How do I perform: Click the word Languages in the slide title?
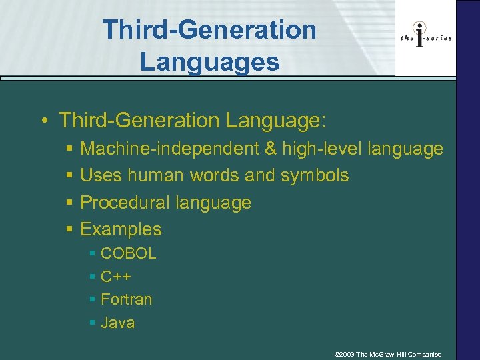(x=209, y=62)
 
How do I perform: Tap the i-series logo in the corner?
(x=426, y=38)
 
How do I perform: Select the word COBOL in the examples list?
(x=128, y=253)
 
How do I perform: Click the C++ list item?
(x=115, y=276)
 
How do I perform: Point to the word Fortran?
(x=126, y=299)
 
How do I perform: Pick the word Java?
(x=117, y=323)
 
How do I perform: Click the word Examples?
(x=121, y=229)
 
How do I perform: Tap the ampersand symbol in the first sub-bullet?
(x=271, y=149)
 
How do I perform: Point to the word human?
(x=156, y=175)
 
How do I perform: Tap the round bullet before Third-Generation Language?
(x=43, y=121)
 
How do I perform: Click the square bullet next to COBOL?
(x=92, y=254)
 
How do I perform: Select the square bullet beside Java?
(x=92, y=323)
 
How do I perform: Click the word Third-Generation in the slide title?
(x=209, y=29)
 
